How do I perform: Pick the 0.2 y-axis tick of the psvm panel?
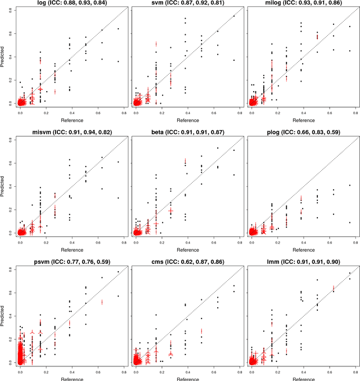pos(13,339)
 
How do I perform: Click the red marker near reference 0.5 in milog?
pos(317,37)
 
